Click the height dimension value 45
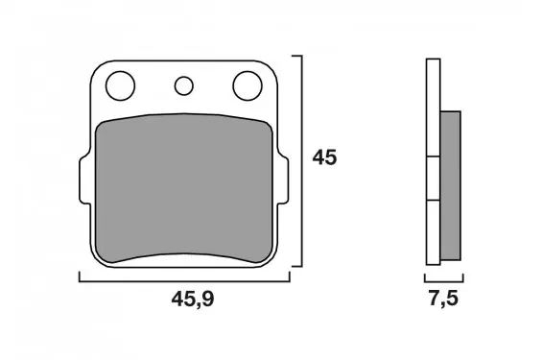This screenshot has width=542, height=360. (324, 157)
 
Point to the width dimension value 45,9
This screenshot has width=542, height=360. (193, 300)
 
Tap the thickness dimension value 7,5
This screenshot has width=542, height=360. (443, 299)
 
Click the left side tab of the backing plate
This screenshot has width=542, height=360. (84, 180)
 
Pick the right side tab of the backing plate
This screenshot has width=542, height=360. (283, 180)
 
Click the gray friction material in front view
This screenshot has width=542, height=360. (184, 188)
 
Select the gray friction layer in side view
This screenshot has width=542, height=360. (451, 185)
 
